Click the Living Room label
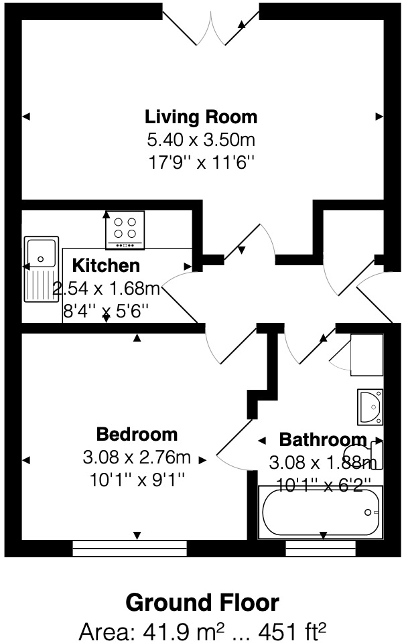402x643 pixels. [x=201, y=117]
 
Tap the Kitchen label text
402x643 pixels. [x=107, y=265]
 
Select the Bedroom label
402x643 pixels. [x=137, y=434]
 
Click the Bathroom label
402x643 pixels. [x=323, y=440]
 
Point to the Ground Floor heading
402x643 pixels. [x=202, y=603]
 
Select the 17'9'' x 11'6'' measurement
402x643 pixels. [x=201, y=162]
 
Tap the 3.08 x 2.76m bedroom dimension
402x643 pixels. [x=137, y=458]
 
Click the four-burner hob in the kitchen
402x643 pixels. [x=125, y=226]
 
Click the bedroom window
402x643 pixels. [x=129, y=549]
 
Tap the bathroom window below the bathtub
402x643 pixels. [x=320, y=549]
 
